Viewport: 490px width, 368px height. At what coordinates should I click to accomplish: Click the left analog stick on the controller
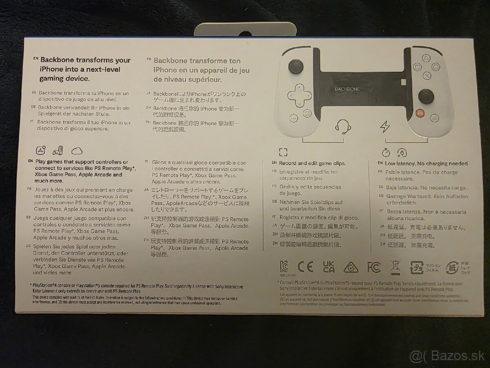pos(296,67)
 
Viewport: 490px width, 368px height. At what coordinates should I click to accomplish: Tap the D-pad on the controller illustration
pos(298,96)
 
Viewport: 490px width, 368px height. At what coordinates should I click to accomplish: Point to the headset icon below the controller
pos(343,127)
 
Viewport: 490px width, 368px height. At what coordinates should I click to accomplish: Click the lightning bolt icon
pos(385,127)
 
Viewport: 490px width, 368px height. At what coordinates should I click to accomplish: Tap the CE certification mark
pos(305,267)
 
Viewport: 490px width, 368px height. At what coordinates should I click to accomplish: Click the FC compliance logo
pos(374,267)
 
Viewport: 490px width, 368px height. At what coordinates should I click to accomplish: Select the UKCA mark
pos(328,267)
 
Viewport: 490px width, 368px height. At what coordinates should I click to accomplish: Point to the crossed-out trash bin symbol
pos(395,267)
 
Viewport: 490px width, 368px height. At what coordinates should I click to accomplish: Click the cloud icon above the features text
pos(77,150)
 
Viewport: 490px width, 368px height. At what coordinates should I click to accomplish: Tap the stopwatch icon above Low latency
pos(385,153)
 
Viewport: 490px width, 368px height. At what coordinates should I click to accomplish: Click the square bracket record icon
pos(283,153)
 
